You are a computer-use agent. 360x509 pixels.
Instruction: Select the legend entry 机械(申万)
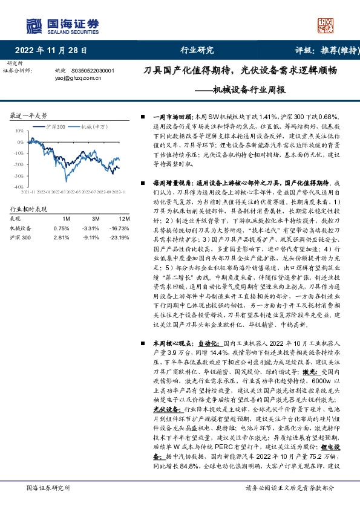point(96,126)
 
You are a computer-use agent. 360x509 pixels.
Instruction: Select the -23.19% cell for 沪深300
point(120,238)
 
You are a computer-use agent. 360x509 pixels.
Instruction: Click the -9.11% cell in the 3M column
point(91,238)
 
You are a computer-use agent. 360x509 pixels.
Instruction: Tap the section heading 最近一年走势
point(29,115)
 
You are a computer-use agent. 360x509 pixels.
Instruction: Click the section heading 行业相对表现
point(28,209)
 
